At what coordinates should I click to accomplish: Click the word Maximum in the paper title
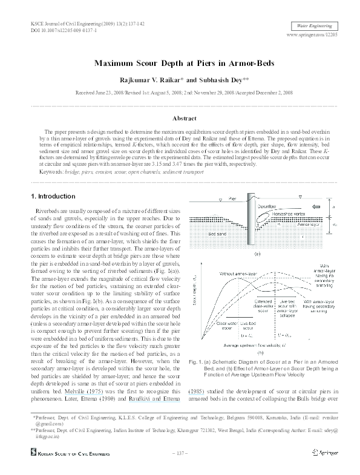coord(114,63)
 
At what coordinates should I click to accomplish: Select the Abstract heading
coord(180,119)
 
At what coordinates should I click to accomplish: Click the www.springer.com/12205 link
coord(313,36)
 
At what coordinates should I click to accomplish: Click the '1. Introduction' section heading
coord(53,196)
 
